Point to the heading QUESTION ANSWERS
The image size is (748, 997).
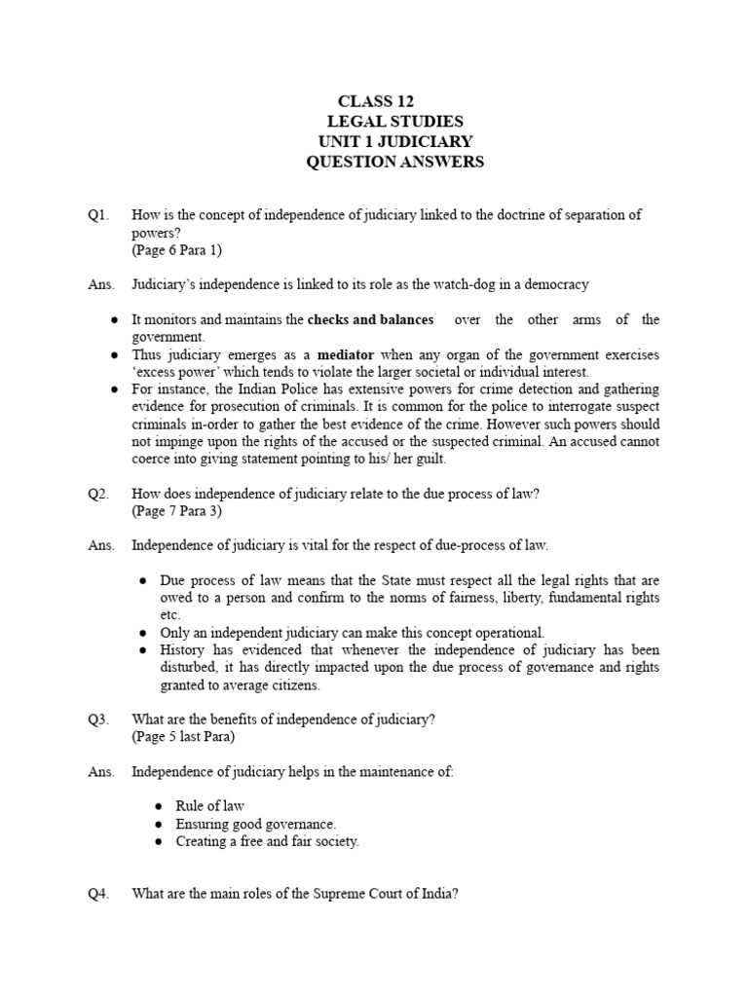[x=394, y=163]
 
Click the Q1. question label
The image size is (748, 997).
[x=98, y=214]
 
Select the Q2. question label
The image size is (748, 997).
[x=98, y=494]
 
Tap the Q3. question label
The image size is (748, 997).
[x=98, y=720]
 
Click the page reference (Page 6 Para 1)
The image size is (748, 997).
[x=177, y=250]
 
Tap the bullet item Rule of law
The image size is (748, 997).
[x=209, y=806]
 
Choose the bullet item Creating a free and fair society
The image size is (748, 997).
[x=267, y=841]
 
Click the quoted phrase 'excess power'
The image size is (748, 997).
[x=175, y=372]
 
